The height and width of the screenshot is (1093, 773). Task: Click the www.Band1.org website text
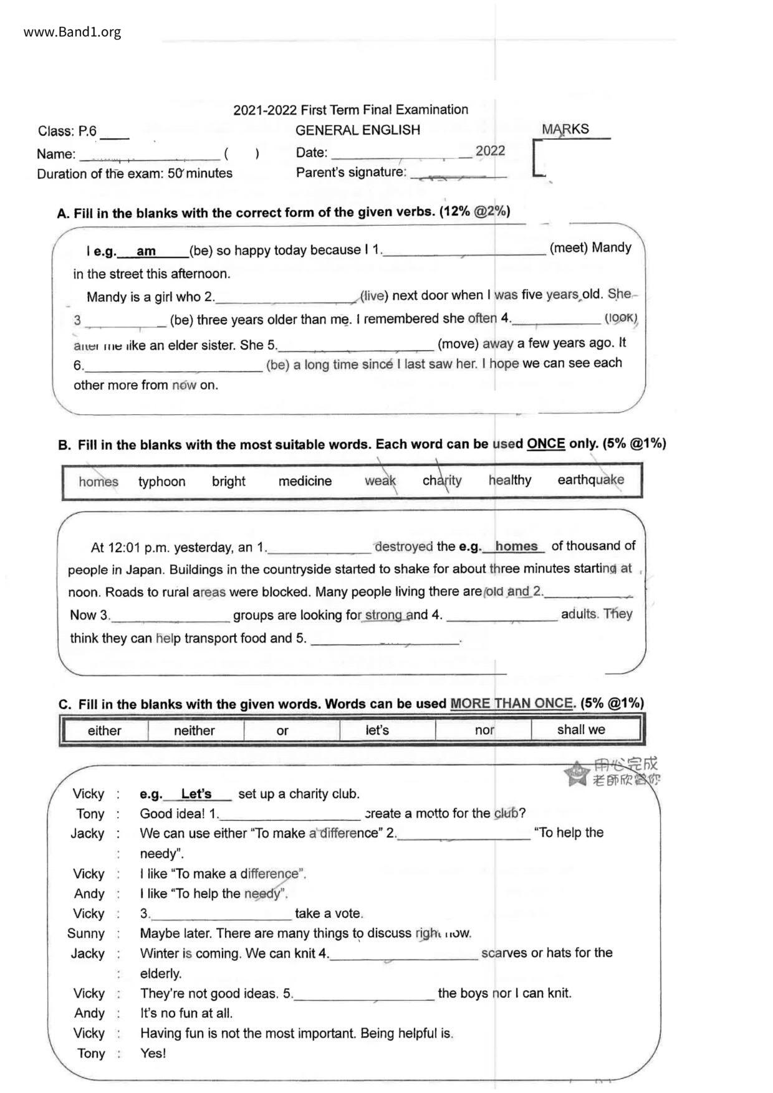pos(72,32)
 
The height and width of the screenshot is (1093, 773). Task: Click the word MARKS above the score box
pos(565,130)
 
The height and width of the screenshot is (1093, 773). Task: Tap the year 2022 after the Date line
pos(490,151)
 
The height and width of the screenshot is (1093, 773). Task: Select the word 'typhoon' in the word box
pos(161,482)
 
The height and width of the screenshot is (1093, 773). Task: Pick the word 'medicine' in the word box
pos(305,481)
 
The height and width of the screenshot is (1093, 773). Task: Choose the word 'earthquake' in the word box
pos(590,480)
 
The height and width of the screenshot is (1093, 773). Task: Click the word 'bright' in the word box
pos(228,481)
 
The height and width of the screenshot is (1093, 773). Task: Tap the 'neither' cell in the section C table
pos(194,730)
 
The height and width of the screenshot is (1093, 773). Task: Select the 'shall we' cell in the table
pos(581,730)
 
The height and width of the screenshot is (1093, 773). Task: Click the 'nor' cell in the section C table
pos(484,730)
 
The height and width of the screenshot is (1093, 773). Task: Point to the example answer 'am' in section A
pos(146,251)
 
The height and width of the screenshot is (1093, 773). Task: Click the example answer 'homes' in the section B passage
pos(516,546)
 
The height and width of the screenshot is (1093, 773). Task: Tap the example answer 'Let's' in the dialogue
pos(196,794)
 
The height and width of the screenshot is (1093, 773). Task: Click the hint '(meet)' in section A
pos(569,248)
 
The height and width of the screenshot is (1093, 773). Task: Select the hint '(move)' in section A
pos(458,343)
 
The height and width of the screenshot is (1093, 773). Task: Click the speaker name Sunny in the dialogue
pos(86,933)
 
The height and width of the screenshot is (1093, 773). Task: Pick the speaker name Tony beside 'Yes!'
pos(90,1053)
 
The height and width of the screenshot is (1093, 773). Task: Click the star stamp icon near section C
pos(577,773)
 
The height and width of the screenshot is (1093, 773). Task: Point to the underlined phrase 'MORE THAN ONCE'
pos(511,704)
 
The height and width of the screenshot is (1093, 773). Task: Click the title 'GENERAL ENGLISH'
pos(357,130)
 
